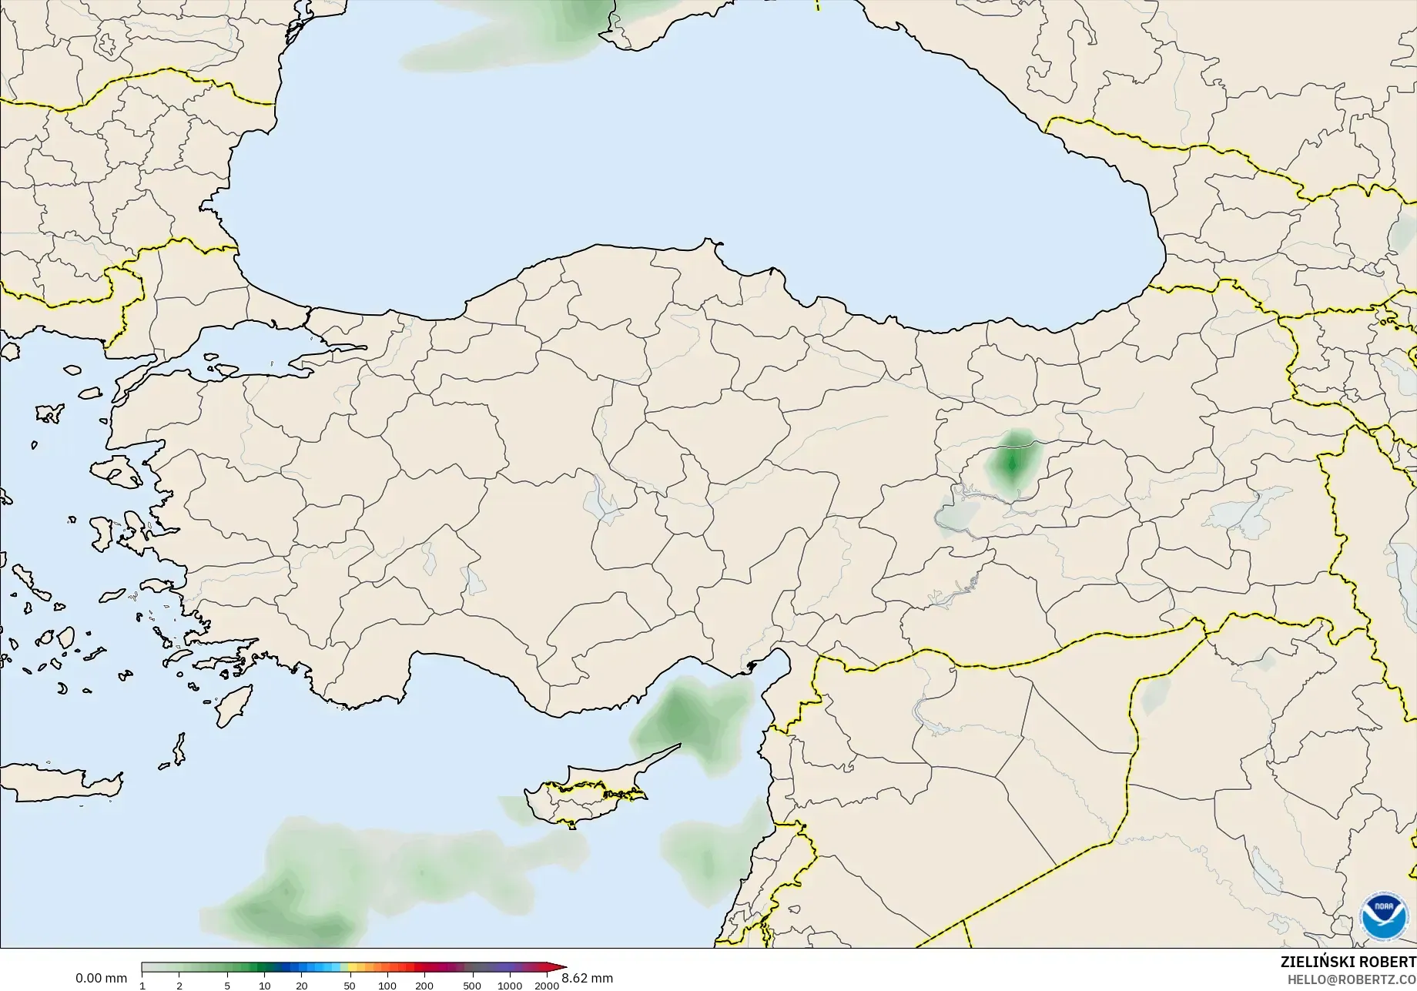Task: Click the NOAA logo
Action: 1383,916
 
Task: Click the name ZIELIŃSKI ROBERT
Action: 1348,962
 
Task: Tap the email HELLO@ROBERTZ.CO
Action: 1352,979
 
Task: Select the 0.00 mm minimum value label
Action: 101,978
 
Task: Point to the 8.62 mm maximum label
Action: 588,978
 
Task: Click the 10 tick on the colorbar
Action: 264,985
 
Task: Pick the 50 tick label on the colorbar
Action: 350,985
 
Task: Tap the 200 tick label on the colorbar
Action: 424,985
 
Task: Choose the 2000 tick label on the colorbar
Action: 547,985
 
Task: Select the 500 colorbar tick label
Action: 472,985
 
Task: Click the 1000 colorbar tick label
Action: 510,985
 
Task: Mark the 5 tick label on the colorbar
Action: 227,985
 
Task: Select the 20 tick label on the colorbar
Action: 302,985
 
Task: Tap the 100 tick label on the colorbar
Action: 387,985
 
